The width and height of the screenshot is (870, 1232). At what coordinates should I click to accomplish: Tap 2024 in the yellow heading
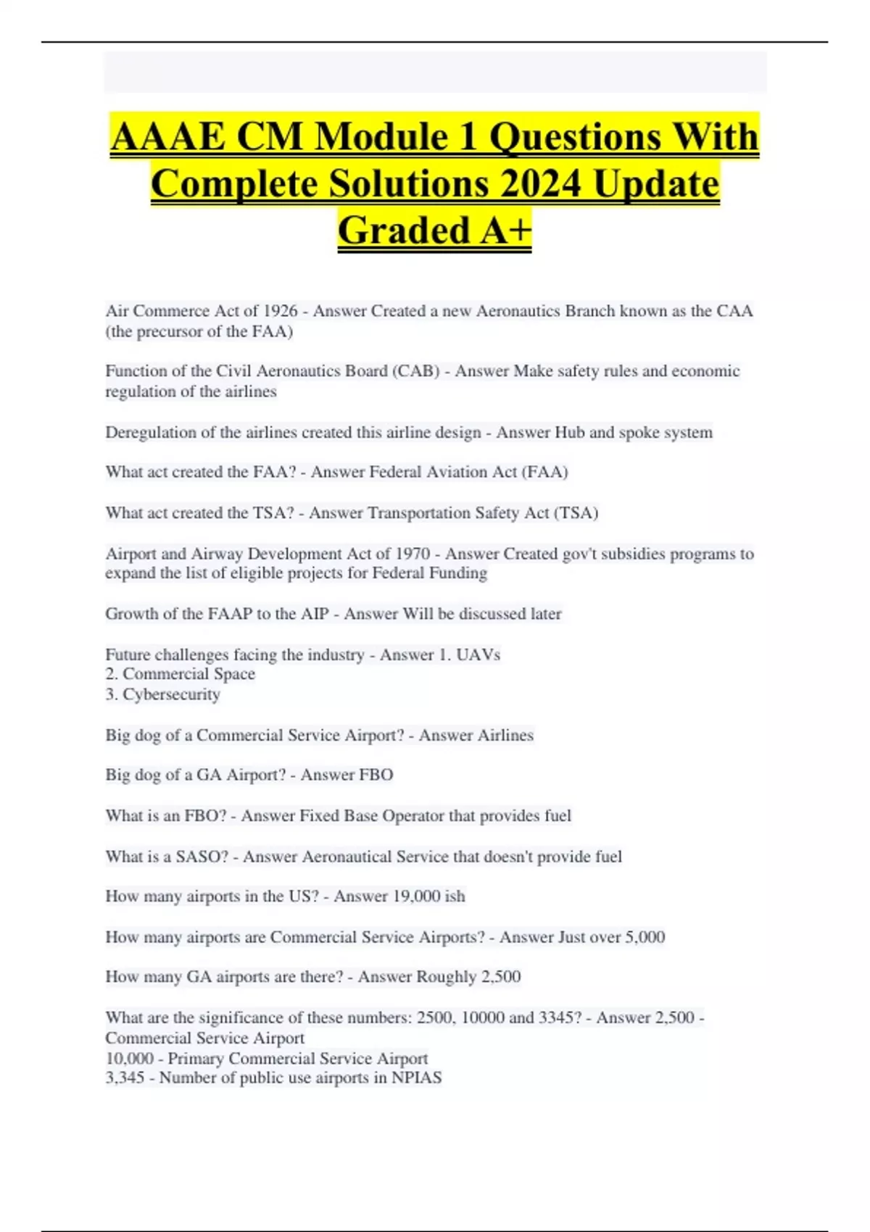[540, 183]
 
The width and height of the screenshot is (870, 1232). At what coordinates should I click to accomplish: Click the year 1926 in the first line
[280, 311]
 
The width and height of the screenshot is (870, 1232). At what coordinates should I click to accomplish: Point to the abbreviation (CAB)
[415, 371]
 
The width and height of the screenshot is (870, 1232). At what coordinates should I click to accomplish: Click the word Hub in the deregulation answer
[569, 433]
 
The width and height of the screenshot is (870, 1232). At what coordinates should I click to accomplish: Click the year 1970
[413, 554]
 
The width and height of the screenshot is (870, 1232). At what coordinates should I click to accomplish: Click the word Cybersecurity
[171, 694]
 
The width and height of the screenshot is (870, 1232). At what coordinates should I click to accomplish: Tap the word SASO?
[202, 857]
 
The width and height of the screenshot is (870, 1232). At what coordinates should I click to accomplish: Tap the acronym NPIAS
[416, 1078]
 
